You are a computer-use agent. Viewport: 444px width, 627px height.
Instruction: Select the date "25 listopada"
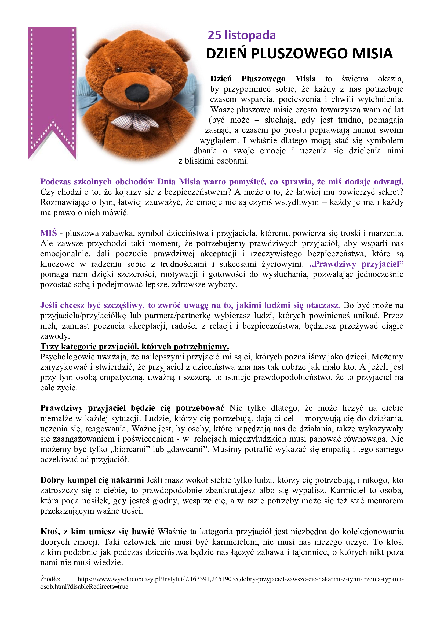click(x=242, y=35)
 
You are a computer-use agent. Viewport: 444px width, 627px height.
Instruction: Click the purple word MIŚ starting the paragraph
click(x=48, y=233)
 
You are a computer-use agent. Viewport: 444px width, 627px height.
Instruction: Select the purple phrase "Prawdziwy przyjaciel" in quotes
click(x=356, y=264)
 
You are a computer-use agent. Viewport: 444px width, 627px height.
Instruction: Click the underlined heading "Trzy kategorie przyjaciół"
click(x=134, y=347)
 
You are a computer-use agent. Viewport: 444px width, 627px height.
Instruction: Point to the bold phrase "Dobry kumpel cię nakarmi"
click(x=92, y=480)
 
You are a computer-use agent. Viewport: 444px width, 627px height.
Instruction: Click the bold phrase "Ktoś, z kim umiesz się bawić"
click(x=97, y=531)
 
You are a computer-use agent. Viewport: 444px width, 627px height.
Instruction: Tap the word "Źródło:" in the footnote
click(x=50, y=579)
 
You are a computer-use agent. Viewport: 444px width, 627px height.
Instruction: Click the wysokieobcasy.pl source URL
click(x=241, y=579)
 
